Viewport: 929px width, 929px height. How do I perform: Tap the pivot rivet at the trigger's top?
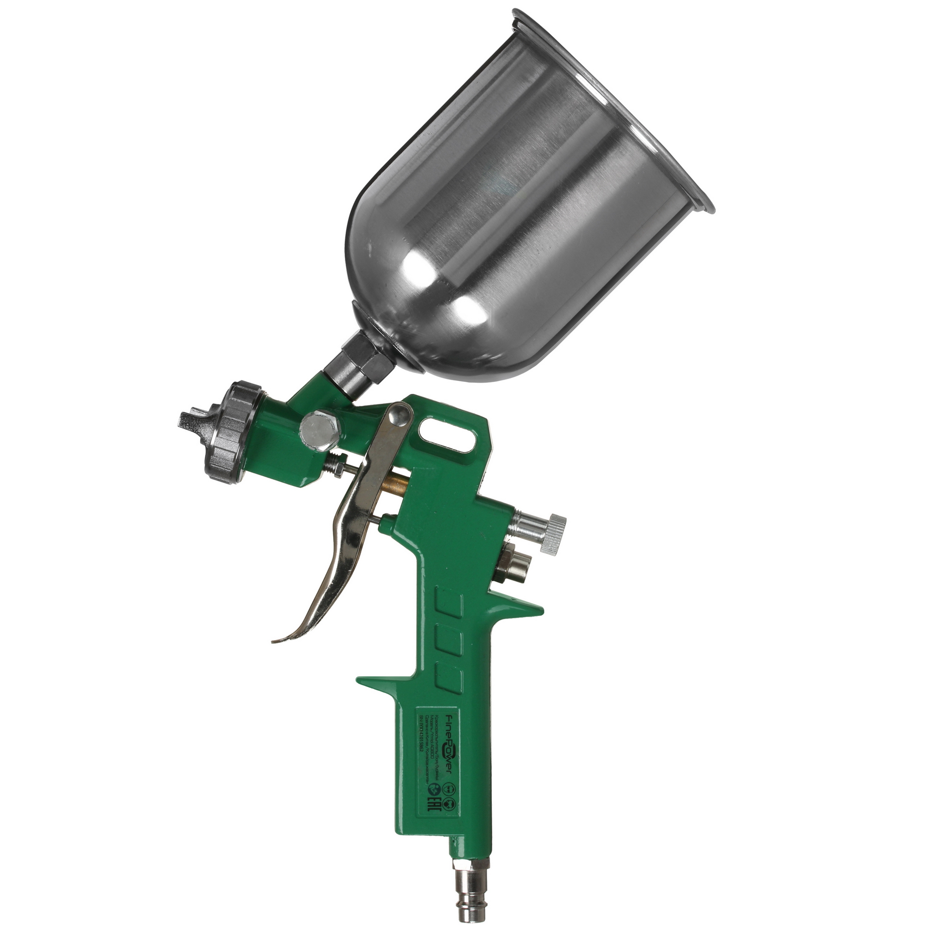pos(399,413)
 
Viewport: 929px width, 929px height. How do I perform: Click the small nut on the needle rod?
pos(339,466)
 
